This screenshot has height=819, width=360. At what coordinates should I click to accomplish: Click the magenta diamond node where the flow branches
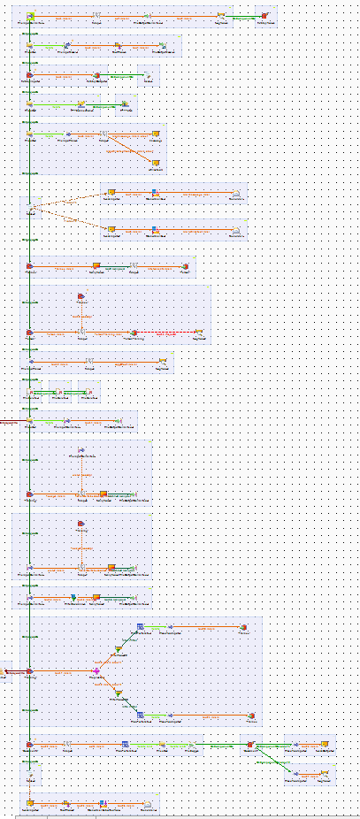[x=96, y=671]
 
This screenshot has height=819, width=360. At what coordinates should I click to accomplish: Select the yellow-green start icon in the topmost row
[x=30, y=16]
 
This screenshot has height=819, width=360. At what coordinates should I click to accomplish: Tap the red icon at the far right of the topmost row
[x=264, y=16]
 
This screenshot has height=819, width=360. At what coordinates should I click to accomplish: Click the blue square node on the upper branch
[x=139, y=627]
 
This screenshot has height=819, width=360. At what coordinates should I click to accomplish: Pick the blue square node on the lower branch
[x=139, y=715]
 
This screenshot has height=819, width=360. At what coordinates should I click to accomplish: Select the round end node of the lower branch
[x=251, y=715]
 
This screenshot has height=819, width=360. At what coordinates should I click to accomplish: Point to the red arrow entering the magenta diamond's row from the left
[x=6, y=671]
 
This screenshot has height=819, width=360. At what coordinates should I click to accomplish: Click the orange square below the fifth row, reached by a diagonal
[x=155, y=164]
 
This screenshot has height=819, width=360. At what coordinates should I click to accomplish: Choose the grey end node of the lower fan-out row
[x=235, y=230]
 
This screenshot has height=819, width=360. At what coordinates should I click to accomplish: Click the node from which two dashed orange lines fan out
[x=30, y=208]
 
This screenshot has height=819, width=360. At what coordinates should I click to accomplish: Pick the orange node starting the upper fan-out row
[x=111, y=191]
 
